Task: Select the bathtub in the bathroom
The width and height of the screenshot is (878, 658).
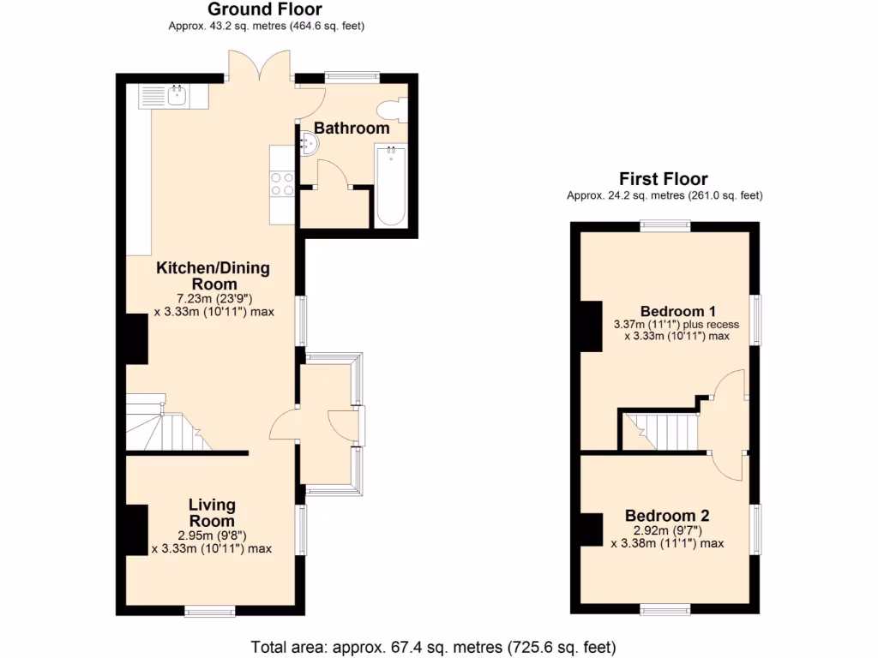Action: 390,185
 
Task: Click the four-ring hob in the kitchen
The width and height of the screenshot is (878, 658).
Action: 283,185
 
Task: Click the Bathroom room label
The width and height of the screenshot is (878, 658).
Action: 352,129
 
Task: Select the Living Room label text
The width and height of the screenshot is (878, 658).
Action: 212,512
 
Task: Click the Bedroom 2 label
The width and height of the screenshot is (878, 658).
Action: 667,516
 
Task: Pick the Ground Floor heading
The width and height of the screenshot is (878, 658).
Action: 266,9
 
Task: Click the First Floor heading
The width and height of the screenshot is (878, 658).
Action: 664,179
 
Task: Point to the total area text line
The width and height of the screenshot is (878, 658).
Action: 433,646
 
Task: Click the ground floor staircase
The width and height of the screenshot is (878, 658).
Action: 167,424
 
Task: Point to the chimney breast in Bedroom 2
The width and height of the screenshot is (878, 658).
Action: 590,529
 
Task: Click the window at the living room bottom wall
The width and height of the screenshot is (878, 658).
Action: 210,611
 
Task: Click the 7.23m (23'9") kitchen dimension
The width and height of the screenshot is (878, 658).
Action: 213,298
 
